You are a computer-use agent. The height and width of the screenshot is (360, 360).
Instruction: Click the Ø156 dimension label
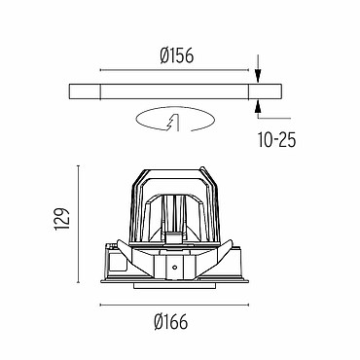(x=176, y=55)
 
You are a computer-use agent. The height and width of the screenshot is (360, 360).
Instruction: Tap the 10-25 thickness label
(x=277, y=140)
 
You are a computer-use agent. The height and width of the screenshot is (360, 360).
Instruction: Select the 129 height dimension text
(x=62, y=219)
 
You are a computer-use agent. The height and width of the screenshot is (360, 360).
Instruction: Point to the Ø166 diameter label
(x=171, y=322)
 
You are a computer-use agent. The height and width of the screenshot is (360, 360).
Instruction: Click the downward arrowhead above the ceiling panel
(x=258, y=77)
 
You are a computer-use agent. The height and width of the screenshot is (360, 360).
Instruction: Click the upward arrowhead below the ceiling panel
(x=258, y=106)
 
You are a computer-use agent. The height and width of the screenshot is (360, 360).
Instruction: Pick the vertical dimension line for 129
(x=78, y=224)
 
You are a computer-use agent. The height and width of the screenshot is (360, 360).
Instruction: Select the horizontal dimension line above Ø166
(x=174, y=305)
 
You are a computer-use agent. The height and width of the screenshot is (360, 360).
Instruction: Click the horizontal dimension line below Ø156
(x=174, y=70)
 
